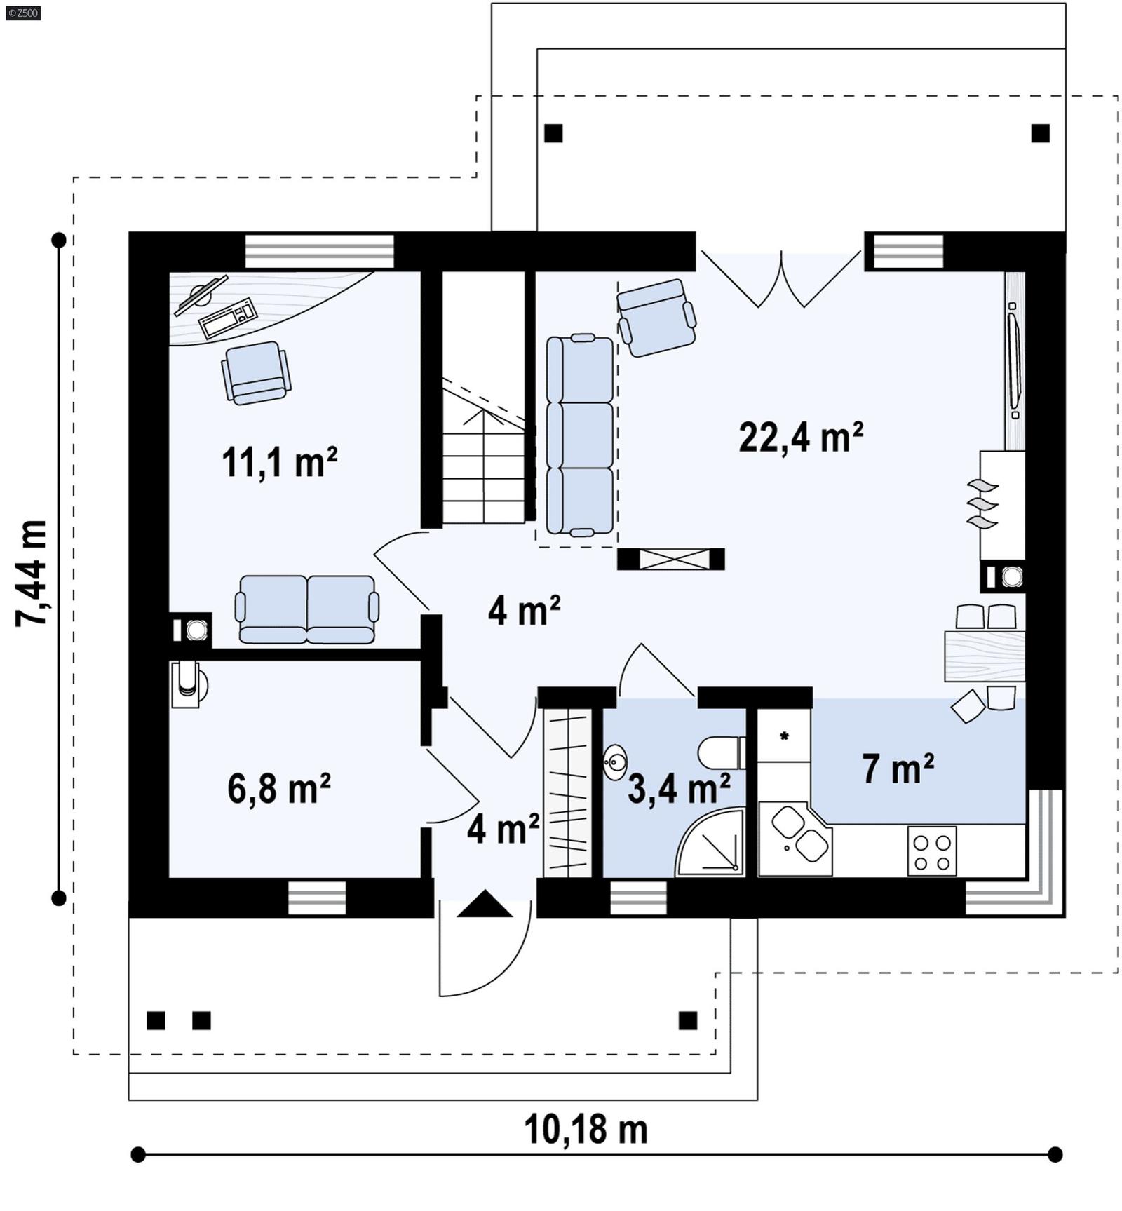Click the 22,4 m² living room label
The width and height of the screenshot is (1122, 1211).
pos(800,438)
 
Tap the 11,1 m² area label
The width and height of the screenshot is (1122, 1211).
pos(279,463)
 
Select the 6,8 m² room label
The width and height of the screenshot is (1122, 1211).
pos(278,788)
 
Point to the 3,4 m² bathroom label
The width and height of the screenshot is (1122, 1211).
pos(678,789)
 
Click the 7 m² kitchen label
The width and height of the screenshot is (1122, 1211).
pos(897,769)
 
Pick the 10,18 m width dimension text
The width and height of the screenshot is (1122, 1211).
pos(586,1130)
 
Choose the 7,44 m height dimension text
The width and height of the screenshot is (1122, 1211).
pos(32,573)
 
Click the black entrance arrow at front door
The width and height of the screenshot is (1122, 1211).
pos(485,905)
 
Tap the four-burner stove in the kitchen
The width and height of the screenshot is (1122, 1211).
pos(931,851)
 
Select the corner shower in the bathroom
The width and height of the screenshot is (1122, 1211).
pos(712,845)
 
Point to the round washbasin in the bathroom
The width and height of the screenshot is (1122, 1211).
pos(615,762)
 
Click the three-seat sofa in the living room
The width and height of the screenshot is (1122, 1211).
pos(579,435)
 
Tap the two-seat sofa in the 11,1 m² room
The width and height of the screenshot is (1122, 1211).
pos(307,609)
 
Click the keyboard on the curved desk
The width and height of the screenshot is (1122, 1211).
pos(227,318)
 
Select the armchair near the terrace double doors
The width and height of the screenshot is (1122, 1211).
pos(656,318)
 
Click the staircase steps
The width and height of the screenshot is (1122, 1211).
pos(483,477)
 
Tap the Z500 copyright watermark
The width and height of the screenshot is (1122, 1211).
pos(22,13)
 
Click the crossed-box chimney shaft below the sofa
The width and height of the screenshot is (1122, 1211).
pos(670,559)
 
